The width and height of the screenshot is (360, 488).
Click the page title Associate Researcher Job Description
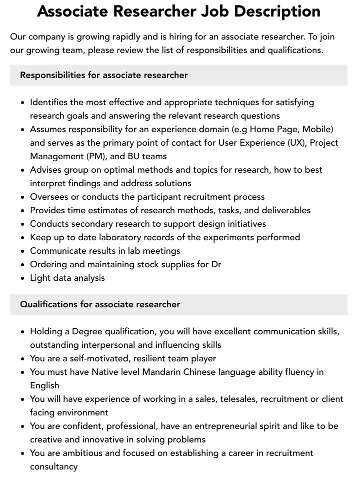[x=179, y=12]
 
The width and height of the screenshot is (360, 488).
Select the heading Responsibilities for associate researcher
[x=104, y=75]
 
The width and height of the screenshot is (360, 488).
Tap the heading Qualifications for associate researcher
[x=100, y=304]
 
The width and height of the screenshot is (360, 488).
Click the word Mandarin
[x=161, y=372]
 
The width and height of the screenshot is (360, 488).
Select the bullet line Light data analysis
[x=67, y=278]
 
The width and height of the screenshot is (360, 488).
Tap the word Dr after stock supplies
[x=216, y=264]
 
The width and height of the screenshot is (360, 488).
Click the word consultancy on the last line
[x=54, y=466]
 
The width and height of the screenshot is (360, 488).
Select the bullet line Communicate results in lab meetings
[x=105, y=251]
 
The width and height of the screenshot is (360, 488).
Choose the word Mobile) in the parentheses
[x=318, y=129]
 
